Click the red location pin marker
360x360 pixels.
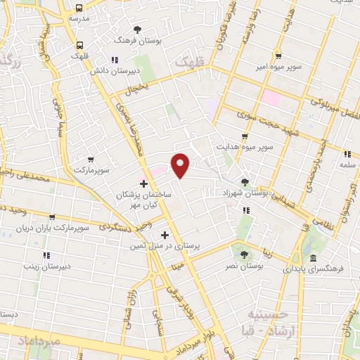(181, 165)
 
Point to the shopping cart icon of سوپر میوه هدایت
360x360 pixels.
(245, 137)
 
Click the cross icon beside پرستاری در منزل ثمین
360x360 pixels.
(165, 236)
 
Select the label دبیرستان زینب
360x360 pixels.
(46, 266)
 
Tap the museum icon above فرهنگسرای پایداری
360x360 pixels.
(312, 258)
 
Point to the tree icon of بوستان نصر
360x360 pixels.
(245, 255)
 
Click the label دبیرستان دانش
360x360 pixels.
(115, 71)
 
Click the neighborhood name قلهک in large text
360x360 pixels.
(192, 63)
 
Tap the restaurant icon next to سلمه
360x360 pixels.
(347, 154)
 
